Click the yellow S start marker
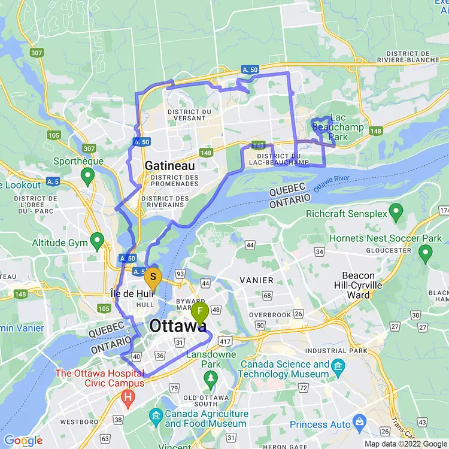(x=153, y=277)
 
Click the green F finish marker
(x=199, y=312)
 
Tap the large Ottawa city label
(x=178, y=326)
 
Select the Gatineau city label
(x=169, y=165)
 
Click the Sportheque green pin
(x=88, y=175)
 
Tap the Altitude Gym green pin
(x=97, y=242)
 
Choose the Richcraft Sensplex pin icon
(x=396, y=211)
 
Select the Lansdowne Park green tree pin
(x=210, y=378)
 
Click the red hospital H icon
(x=128, y=396)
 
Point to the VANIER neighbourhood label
(x=257, y=280)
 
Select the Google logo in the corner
(x=23, y=441)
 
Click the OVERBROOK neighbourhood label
(x=270, y=314)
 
